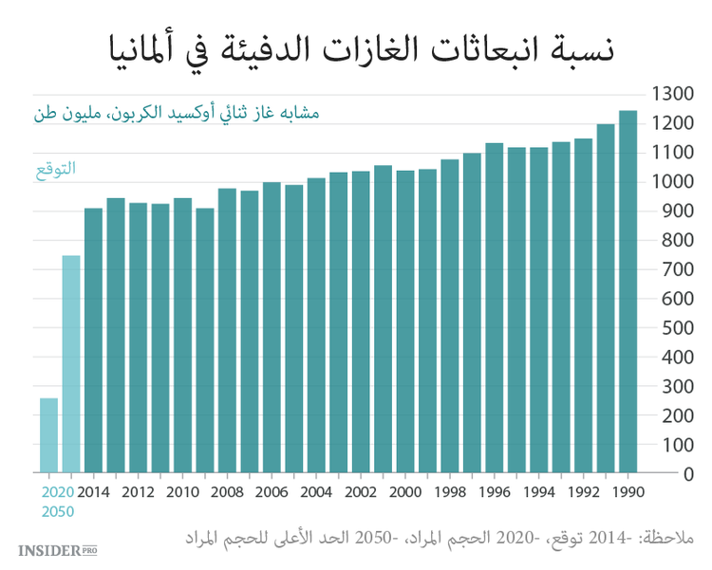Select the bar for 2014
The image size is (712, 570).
point(93,340)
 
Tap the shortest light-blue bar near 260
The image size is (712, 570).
point(48,435)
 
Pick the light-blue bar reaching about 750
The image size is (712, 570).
point(71,364)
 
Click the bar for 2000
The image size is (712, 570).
point(405,322)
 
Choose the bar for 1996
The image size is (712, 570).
point(494,308)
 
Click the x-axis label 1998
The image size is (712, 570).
point(449,492)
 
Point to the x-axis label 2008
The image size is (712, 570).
point(228,492)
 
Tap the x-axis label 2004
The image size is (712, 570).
point(316,492)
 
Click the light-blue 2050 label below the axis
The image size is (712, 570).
point(58,511)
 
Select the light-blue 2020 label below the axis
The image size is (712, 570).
point(58,492)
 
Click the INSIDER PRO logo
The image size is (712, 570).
point(58,549)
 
